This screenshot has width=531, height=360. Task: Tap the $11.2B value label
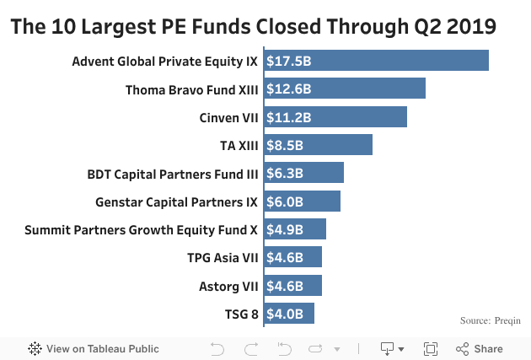[289, 117]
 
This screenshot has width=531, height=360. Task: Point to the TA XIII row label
[239, 145]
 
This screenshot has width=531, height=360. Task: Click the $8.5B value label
[284, 145]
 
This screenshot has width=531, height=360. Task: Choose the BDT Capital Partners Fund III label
[173, 174]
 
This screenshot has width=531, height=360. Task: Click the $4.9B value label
[284, 229]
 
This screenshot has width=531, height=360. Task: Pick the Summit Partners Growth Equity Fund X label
[141, 229]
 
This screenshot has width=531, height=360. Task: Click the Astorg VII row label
[228, 286]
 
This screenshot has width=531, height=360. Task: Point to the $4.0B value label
[284, 314]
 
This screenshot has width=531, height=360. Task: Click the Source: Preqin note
[490, 320]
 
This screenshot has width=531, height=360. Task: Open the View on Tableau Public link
[93, 348]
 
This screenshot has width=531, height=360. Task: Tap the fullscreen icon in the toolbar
[430, 348]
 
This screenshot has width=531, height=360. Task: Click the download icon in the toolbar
[391, 348]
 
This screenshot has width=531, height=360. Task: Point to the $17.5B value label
[289, 61]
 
